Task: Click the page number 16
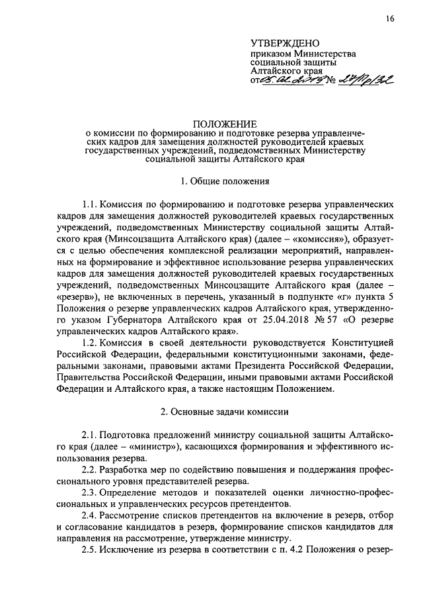(x=391, y=19)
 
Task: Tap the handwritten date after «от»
(x=291, y=80)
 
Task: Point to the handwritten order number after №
(x=366, y=79)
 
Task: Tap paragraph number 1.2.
(x=92, y=342)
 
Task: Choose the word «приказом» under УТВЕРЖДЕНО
(x=271, y=54)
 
